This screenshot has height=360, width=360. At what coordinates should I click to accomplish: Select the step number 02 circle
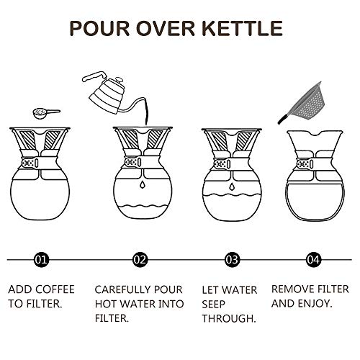click(x=139, y=258)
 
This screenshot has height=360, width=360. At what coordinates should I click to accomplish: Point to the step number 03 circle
click(x=232, y=258)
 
